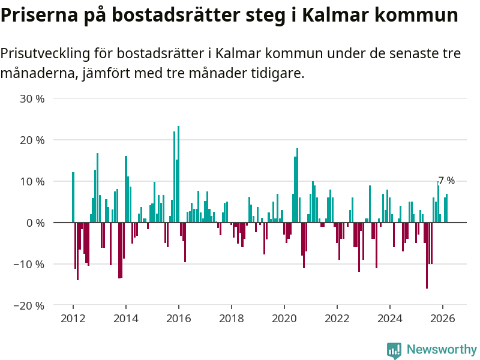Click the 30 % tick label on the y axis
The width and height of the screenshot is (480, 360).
click(x=32, y=98)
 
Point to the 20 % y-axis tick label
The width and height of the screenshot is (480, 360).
click(x=32, y=140)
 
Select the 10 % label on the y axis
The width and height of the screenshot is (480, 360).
click(x=32, y=181)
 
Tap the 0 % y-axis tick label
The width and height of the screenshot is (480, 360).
click(x=35, y=223)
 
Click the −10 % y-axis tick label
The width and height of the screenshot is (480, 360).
click(x=30, y=264)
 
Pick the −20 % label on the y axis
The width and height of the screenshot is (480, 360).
click(x=30, y=305)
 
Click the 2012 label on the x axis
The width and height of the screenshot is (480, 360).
click(x=73, y=319)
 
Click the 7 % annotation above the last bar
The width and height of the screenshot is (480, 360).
click(x=446, y=181)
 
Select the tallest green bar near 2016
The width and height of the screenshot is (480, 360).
click(x=178, y=174)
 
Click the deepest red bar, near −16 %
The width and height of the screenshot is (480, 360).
click(x=427, y=256)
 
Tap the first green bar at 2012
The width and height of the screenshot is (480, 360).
click(x=73, y=197)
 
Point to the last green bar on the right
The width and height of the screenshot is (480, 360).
click(x=446, y=208)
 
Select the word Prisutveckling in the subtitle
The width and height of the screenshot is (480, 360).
click(x=44, y=53)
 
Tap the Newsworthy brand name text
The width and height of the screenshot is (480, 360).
click(x=442, y=349)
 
